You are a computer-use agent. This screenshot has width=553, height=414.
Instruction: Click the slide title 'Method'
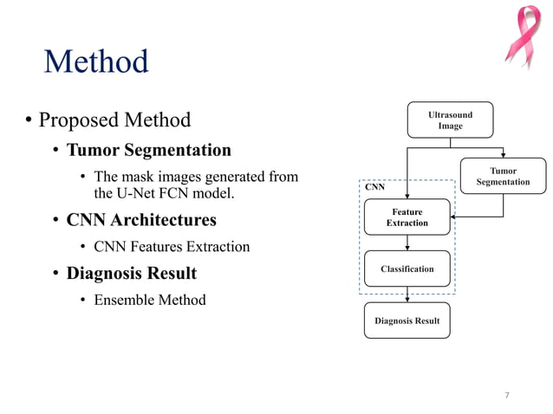(96, 62)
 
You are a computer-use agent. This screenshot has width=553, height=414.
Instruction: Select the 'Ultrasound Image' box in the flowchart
(450, 120)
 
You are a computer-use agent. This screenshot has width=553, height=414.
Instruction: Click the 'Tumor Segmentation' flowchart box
(503, 177)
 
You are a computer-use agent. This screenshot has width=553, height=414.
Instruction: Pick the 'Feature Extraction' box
(407, 217)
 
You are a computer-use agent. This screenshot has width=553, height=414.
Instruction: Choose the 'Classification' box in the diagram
(407, 268)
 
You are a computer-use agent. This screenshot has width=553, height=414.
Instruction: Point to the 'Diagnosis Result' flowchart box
(407, 320)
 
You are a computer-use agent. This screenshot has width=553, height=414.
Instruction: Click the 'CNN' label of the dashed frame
(374, 186)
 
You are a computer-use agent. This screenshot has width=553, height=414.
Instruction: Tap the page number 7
(507, 396)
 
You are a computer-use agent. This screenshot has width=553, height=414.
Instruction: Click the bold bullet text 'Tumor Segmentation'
(148, 150)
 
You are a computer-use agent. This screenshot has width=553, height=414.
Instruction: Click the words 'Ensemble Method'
(149, 300)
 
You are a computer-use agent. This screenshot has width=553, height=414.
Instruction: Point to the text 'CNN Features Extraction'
(171, 247)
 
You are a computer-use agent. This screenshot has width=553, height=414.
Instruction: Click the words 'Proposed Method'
(114, 119)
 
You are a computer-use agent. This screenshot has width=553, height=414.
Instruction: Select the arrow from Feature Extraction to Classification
(407, 243)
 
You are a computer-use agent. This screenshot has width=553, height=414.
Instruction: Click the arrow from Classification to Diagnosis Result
(407, 294)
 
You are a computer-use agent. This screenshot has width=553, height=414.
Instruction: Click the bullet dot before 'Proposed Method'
(28, 120)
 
